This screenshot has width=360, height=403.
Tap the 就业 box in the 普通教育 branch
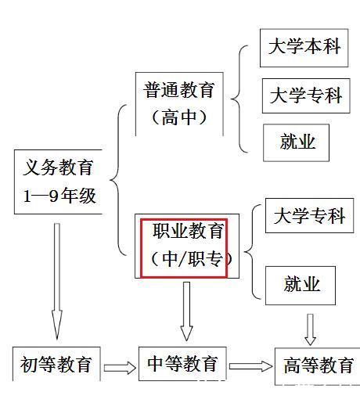pos(297,142)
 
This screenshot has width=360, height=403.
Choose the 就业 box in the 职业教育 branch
pos(301,284)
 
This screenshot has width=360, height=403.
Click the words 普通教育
pos(178,90)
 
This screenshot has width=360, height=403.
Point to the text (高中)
pos(179,117)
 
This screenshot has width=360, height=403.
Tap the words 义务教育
pos(58,167)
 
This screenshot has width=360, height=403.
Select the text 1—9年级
pos(58,195)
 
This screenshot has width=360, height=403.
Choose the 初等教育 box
pos(56,364)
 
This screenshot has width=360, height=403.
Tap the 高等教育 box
pos(318,364)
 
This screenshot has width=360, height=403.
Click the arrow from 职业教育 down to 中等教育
pos(186,310)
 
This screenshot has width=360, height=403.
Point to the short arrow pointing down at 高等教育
pos(311,329)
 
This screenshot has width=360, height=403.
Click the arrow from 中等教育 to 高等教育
pos(250,365)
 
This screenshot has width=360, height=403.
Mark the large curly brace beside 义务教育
pos(118,180)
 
